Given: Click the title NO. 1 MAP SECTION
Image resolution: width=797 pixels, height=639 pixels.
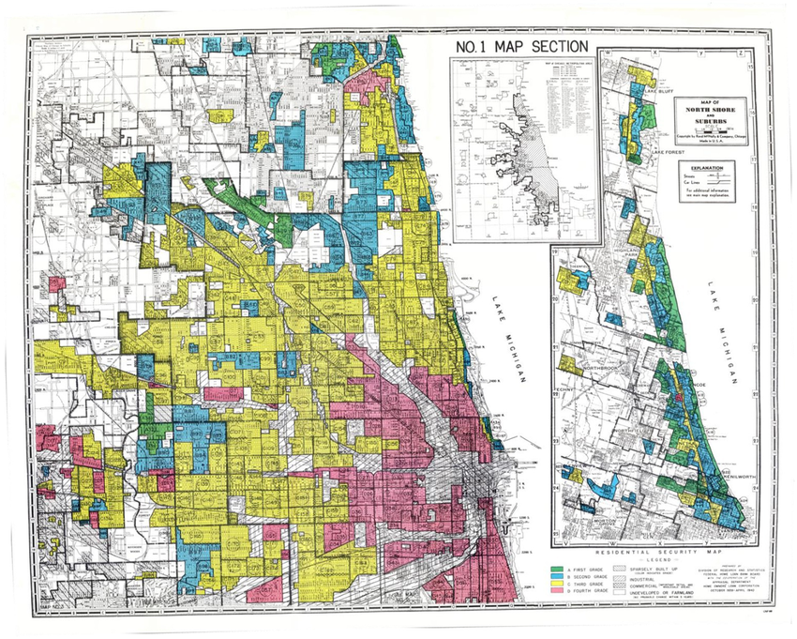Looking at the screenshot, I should [521, 47].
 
